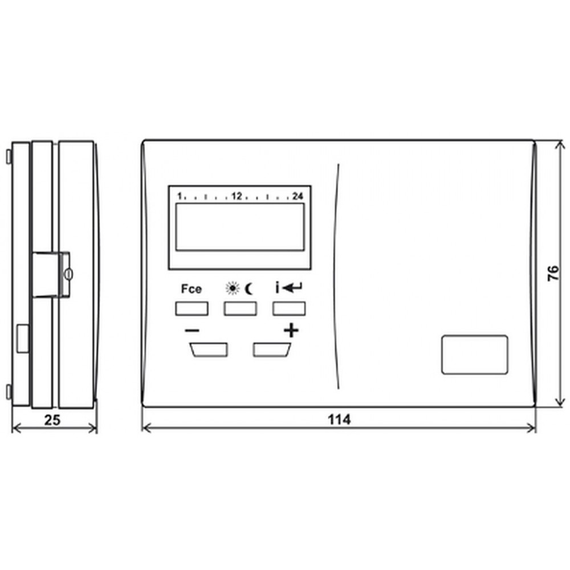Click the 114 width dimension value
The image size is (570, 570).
[339, 420]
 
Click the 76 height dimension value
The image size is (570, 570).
[553, 273]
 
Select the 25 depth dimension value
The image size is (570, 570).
[52, 420]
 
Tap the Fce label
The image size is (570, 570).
[191, 289]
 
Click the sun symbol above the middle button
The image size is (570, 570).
[233, 288]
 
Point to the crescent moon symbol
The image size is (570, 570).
[250, 288]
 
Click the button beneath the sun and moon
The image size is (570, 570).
[241, 308]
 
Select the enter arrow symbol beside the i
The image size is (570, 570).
[292, 288]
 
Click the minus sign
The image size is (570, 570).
[192, 331]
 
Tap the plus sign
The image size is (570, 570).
[291, 331]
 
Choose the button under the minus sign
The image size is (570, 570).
[209, 350]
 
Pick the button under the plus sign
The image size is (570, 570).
[271, 350]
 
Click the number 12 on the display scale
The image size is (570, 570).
[237, 196]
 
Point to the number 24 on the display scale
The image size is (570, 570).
[298, 196]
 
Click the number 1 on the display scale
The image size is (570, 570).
[180, 196]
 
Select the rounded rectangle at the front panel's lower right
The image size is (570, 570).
[475, 355]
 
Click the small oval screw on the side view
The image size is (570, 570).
[69, 274]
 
